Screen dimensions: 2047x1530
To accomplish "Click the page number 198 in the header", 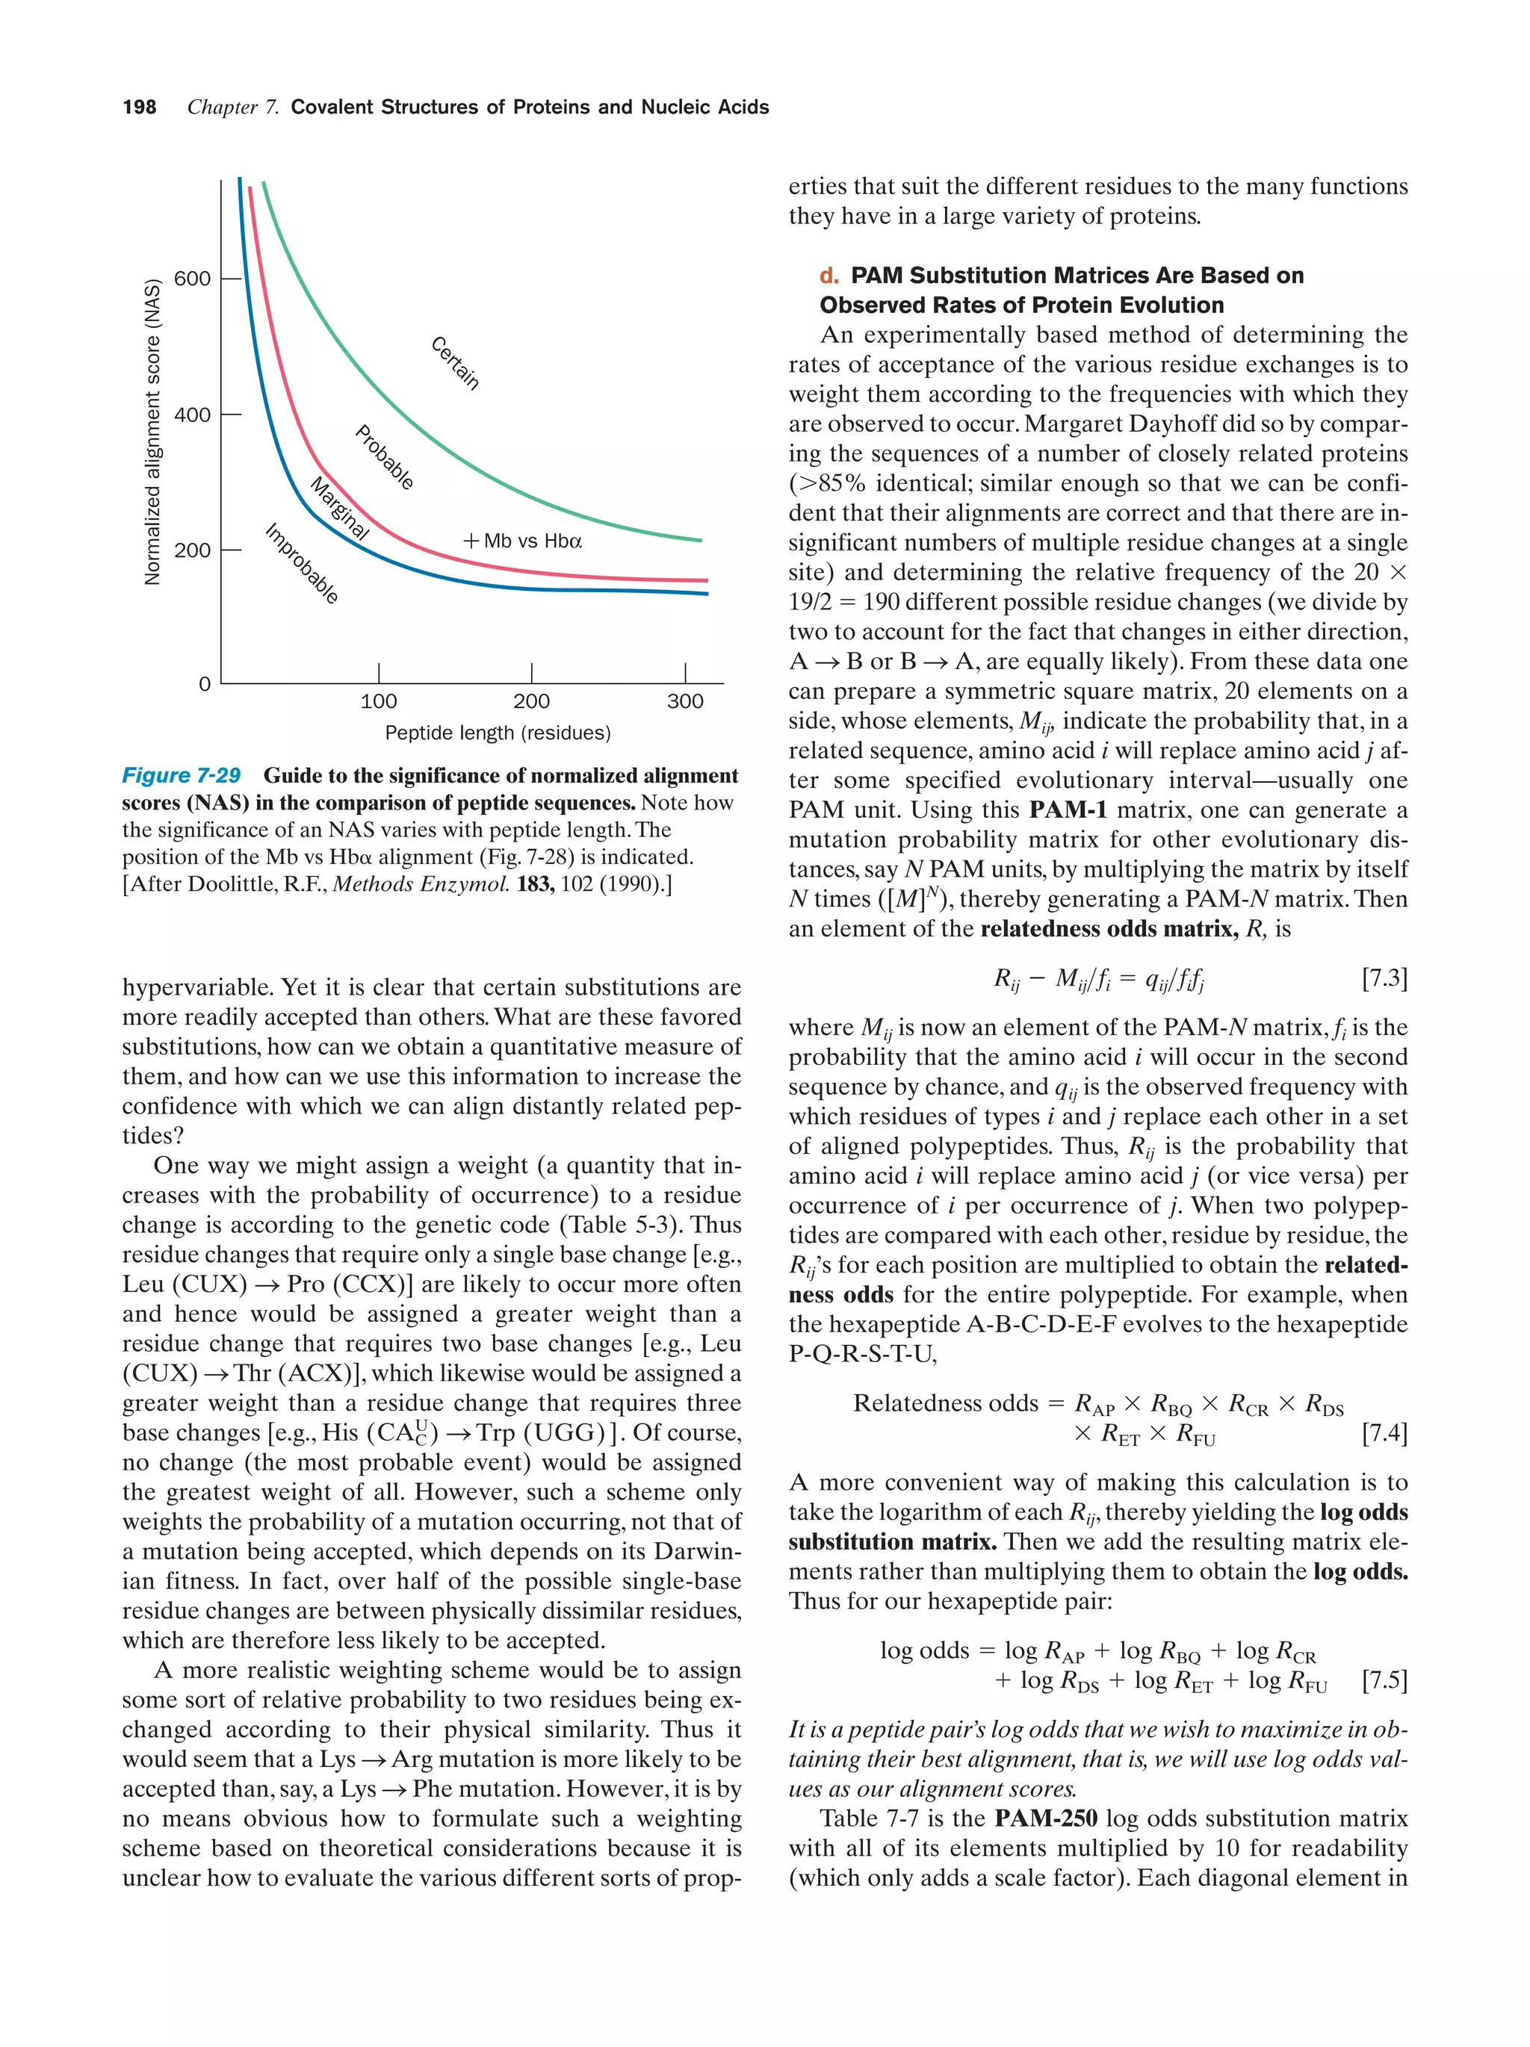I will (139, 108).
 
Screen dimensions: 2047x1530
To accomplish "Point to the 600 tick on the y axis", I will (193, 279).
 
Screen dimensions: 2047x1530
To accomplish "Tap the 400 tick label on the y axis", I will (193, 414).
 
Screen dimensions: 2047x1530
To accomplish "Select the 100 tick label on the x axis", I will (379, 701).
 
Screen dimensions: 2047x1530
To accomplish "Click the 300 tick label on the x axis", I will (685, 701).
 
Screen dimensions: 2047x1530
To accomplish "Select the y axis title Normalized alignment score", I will (152, 431).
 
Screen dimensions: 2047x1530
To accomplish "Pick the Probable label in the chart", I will (384, 457).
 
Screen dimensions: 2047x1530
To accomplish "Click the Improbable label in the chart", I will (302, 565).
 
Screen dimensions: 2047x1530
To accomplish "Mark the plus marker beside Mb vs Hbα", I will (471, 541).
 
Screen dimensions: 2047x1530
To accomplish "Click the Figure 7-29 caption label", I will (182, 775).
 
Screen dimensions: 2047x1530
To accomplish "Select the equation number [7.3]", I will (1384, 978).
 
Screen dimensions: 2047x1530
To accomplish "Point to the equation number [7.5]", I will (1384, 1680).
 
